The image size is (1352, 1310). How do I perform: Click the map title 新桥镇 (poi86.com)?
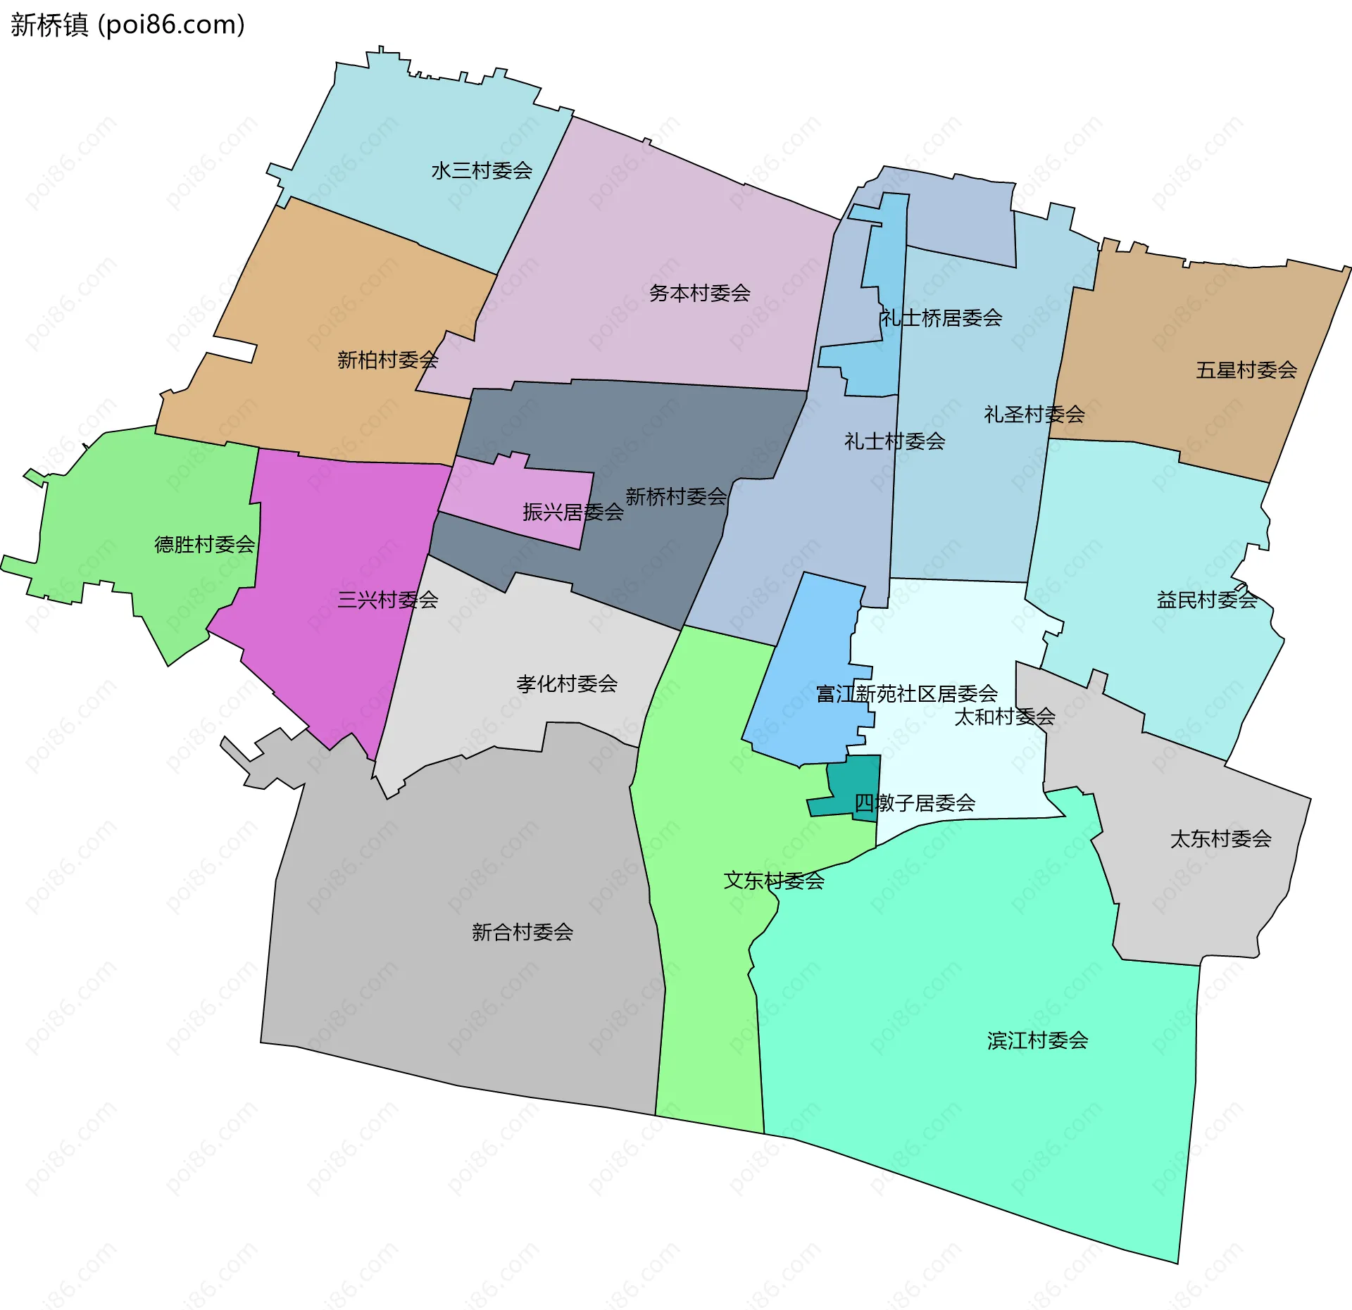click(x=127, y=25)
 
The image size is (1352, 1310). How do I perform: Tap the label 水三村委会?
click(x=482, y=170)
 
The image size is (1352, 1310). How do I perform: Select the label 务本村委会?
click(x=699, y=293)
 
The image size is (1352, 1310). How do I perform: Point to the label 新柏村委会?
click(x=387, y=360)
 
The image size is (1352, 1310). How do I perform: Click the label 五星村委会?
click(x=1246, y=370)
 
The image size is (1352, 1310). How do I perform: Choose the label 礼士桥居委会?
click(x=941, y=317)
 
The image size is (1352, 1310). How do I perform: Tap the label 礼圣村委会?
click(x=1034, y=414)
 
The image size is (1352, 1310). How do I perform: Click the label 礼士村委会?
click(x=894, y=441)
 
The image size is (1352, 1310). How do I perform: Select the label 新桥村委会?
click(x=675, y=496)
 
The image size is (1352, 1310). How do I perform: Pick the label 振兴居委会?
click(x=572, y=512)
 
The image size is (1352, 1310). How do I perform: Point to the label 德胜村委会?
click(x=204, y=544)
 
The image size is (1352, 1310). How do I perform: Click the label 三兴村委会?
click(x=387, y=600)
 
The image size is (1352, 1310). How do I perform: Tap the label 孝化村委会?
click(x=567, y=683)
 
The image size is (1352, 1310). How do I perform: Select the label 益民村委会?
click(x=1206, y=600)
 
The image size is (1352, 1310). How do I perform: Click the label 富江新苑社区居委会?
click(x=906, y=693)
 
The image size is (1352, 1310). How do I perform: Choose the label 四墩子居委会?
click(x=914, y=802)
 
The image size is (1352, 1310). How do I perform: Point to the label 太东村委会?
click(x=1220, y=838)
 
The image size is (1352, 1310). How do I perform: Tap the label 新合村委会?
click(x=522, y=932)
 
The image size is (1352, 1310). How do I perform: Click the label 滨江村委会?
click(x=1037, y=1040)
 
